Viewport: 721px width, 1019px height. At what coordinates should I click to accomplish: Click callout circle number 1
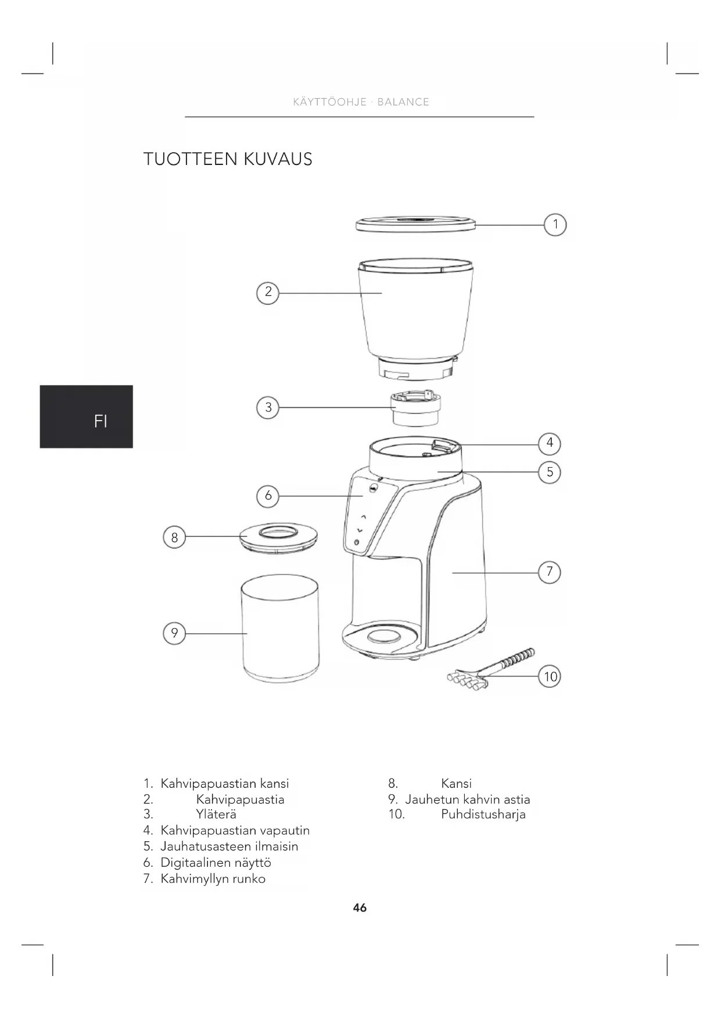pos(555,225)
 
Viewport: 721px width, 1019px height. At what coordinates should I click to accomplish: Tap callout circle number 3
pos(268,407)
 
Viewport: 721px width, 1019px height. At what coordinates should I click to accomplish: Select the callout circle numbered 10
pos(550,676)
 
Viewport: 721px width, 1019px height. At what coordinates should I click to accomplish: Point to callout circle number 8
pos(174,537)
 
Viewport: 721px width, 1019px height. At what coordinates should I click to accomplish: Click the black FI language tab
pos(86,417)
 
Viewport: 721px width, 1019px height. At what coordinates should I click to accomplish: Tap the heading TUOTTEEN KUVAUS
pos(228,159)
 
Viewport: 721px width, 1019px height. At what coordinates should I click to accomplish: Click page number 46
pos(360,907)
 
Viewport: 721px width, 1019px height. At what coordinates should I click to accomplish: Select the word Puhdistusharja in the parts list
pos(483,815)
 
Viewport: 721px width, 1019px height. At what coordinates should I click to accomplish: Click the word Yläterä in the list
pos(216,815)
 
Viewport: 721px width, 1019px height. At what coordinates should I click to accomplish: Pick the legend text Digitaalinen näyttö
pos(216,863)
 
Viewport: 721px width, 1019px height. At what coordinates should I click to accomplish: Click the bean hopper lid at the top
pos(415,224)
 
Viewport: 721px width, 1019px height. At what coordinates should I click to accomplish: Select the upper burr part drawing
pos(415,409)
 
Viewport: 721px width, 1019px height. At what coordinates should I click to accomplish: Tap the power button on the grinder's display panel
pos(356,543)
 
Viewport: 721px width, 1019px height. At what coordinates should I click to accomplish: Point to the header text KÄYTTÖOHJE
pos(329,102)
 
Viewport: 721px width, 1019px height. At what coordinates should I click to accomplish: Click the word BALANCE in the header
pos(403,102)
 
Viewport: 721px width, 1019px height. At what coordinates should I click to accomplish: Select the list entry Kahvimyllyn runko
pos(213,879)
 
